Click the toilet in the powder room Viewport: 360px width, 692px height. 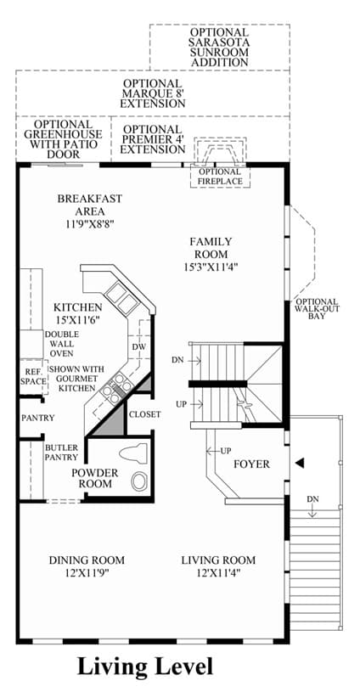click(132, 453)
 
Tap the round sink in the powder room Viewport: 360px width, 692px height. click(140, 481)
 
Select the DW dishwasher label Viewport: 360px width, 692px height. click(138, 347)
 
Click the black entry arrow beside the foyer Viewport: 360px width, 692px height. click(300, 463)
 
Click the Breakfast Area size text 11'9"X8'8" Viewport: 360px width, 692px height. click(89, 223)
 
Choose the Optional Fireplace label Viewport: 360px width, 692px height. click(220, 177)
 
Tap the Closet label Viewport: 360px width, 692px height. click(144, 415)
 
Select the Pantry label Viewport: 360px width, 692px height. click(38, 418)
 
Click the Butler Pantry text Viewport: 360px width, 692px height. click(61, 453)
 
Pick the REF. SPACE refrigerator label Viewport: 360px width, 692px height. click(33, 376)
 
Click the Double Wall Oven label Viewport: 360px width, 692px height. click(61, 344)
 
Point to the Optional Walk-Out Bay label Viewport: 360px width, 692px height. click(318, 309)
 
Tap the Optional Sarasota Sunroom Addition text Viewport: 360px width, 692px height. click(219, 48)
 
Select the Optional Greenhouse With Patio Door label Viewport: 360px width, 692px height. click(65, 139)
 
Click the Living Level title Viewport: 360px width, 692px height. click(145, 667)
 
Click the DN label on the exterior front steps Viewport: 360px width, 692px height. click(313, 499)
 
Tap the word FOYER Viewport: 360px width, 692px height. click(252, 464)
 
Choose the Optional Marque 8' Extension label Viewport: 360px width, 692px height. click(153, 93)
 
